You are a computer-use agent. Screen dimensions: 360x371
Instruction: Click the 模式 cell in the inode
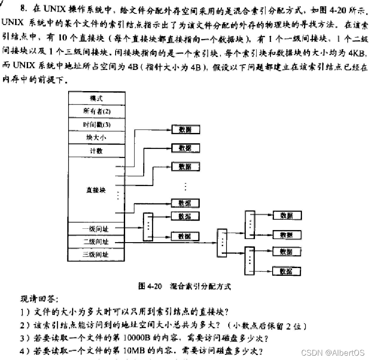tap(96, 98)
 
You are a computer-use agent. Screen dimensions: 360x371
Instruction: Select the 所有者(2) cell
tap(96, 111)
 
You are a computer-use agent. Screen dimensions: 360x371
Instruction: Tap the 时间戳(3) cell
tap(96, 124)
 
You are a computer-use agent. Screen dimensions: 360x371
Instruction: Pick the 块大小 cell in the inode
tap(96, 137)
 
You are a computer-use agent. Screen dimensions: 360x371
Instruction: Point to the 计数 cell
tap(96, 151)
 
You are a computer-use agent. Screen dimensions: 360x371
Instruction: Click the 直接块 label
tap(96, 189)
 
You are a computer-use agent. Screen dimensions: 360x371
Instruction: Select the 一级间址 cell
tap(96, 229)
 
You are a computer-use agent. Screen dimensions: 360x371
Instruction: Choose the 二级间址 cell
tap(96, 242)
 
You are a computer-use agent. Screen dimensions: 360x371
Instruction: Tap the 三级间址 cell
tap(96, 254)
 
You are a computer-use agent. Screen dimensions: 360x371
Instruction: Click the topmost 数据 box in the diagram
tap(185, 129)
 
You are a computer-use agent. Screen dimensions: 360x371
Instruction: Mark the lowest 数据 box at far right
tap(286, 271)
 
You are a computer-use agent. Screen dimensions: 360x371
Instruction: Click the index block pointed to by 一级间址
tap(148, 226)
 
